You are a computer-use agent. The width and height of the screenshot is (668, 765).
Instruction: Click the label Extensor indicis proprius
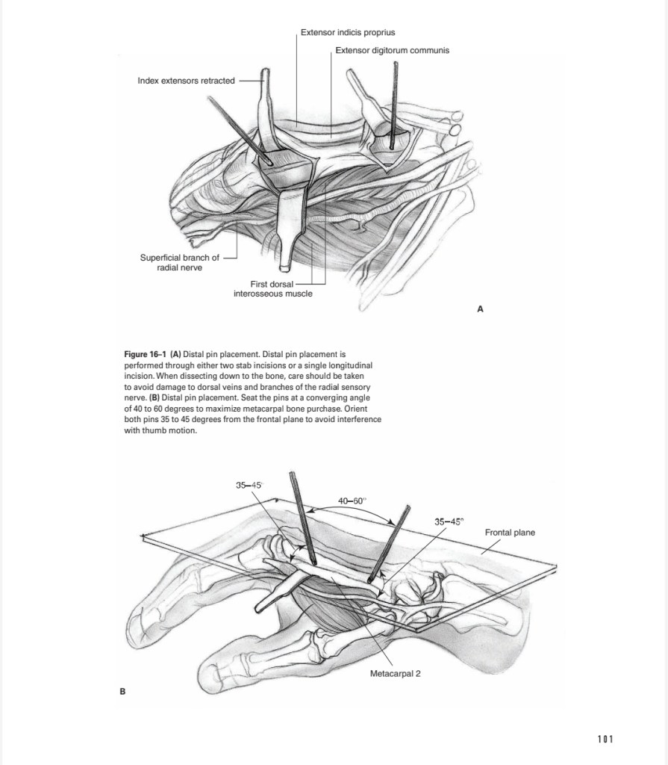pyautogui.click(x=348, y=33)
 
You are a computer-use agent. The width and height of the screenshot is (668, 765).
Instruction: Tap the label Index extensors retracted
pyautogui.click(x=186, y=81)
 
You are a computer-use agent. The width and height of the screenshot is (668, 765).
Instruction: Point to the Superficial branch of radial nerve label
pyautogui.click(x=180, y=263)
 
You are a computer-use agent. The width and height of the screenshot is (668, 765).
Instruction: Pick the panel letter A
pyautogui.click(x=480, y=308)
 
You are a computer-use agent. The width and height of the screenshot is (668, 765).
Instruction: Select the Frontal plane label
pyautogui.click(x=510, y=533)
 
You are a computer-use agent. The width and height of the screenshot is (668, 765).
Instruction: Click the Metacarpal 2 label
pyautogui.click(x=396, y=673)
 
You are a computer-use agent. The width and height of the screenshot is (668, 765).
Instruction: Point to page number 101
pyautogui.click(x=605, y=739)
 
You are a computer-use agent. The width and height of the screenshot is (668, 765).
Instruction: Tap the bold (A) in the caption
pyautogui.click(x=176, y=352)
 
